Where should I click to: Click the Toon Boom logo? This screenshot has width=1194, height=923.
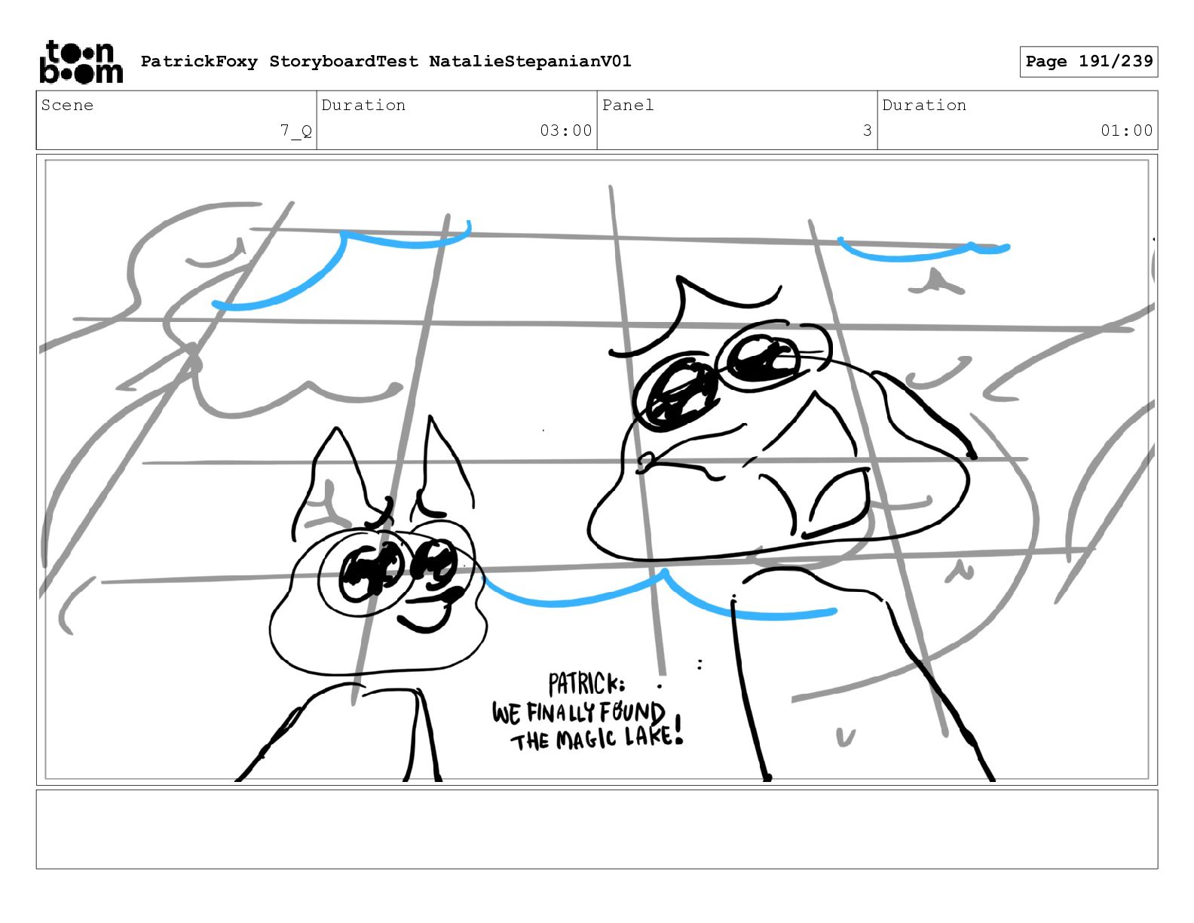[81, 62]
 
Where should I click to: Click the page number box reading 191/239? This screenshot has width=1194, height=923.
[1088, 62]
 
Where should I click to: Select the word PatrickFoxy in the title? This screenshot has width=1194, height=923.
[199, 62]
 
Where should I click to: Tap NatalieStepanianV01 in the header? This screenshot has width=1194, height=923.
[530, 61]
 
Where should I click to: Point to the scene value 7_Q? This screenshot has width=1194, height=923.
[296, 131]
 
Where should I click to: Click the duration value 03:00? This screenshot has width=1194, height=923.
[566, 130]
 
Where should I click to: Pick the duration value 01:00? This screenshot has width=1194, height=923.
[1126, 130]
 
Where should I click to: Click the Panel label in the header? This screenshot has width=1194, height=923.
[627, 105]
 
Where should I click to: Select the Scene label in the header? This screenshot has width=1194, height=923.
[67, 105]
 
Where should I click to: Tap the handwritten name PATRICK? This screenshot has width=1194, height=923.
[586, 685]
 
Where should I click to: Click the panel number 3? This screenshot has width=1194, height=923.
[867, 130]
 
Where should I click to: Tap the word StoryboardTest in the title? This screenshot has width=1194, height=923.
[344, 61]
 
